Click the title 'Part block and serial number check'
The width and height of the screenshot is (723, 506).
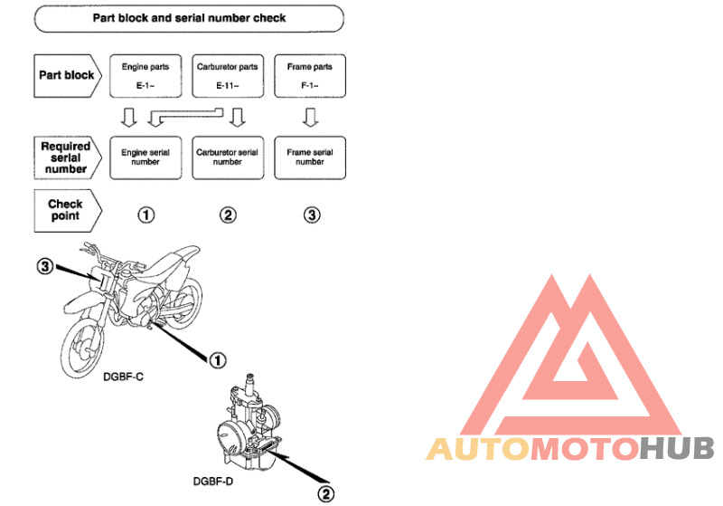189,18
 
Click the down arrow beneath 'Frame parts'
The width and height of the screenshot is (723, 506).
310,118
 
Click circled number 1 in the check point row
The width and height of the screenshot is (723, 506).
146,215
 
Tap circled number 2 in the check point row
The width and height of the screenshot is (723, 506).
228,215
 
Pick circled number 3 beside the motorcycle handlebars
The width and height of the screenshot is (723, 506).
45,266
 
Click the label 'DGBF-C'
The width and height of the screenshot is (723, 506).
123,377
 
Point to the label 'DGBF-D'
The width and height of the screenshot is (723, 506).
213,481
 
